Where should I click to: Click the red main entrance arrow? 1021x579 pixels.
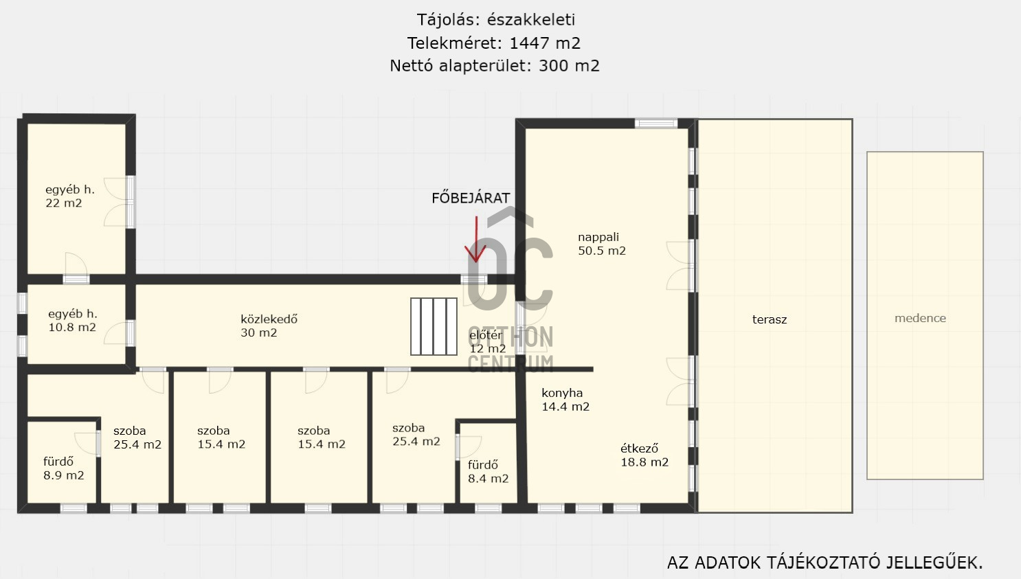click(x=476, y=240)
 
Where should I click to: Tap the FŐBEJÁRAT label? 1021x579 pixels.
click(x=471, y=198)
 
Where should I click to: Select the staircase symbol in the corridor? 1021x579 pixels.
click(x=434, y=326)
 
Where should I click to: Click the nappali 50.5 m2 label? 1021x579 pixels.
click(x=602, y=244)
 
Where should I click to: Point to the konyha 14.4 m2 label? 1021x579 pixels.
click(x=565, y=400)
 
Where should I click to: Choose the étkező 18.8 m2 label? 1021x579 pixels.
click(x=644, y=455)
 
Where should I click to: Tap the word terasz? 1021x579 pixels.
click(x=770, y=319)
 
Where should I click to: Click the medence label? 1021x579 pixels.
click(x=920, y=318)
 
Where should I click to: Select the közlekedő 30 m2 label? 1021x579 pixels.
click(x=269, y=326)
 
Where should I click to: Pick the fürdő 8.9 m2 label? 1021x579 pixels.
click(x=64, y=468)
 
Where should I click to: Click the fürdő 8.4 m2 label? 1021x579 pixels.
click(x=488, y=471)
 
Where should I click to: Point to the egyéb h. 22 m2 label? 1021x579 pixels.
click(x=69, y=196)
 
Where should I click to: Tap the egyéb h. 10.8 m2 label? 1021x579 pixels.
click(x=72, y=320)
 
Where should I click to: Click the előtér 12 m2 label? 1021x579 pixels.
click(x=488, y=341)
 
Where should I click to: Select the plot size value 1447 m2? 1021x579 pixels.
click(x=545, y=43)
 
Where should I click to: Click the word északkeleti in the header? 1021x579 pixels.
click(x=531, y=20)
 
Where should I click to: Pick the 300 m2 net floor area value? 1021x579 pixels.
click(x=569, y=66)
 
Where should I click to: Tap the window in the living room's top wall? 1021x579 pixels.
click(x=656, y=123)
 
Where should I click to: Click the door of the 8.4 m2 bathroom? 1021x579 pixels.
click(x=468, y=447)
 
